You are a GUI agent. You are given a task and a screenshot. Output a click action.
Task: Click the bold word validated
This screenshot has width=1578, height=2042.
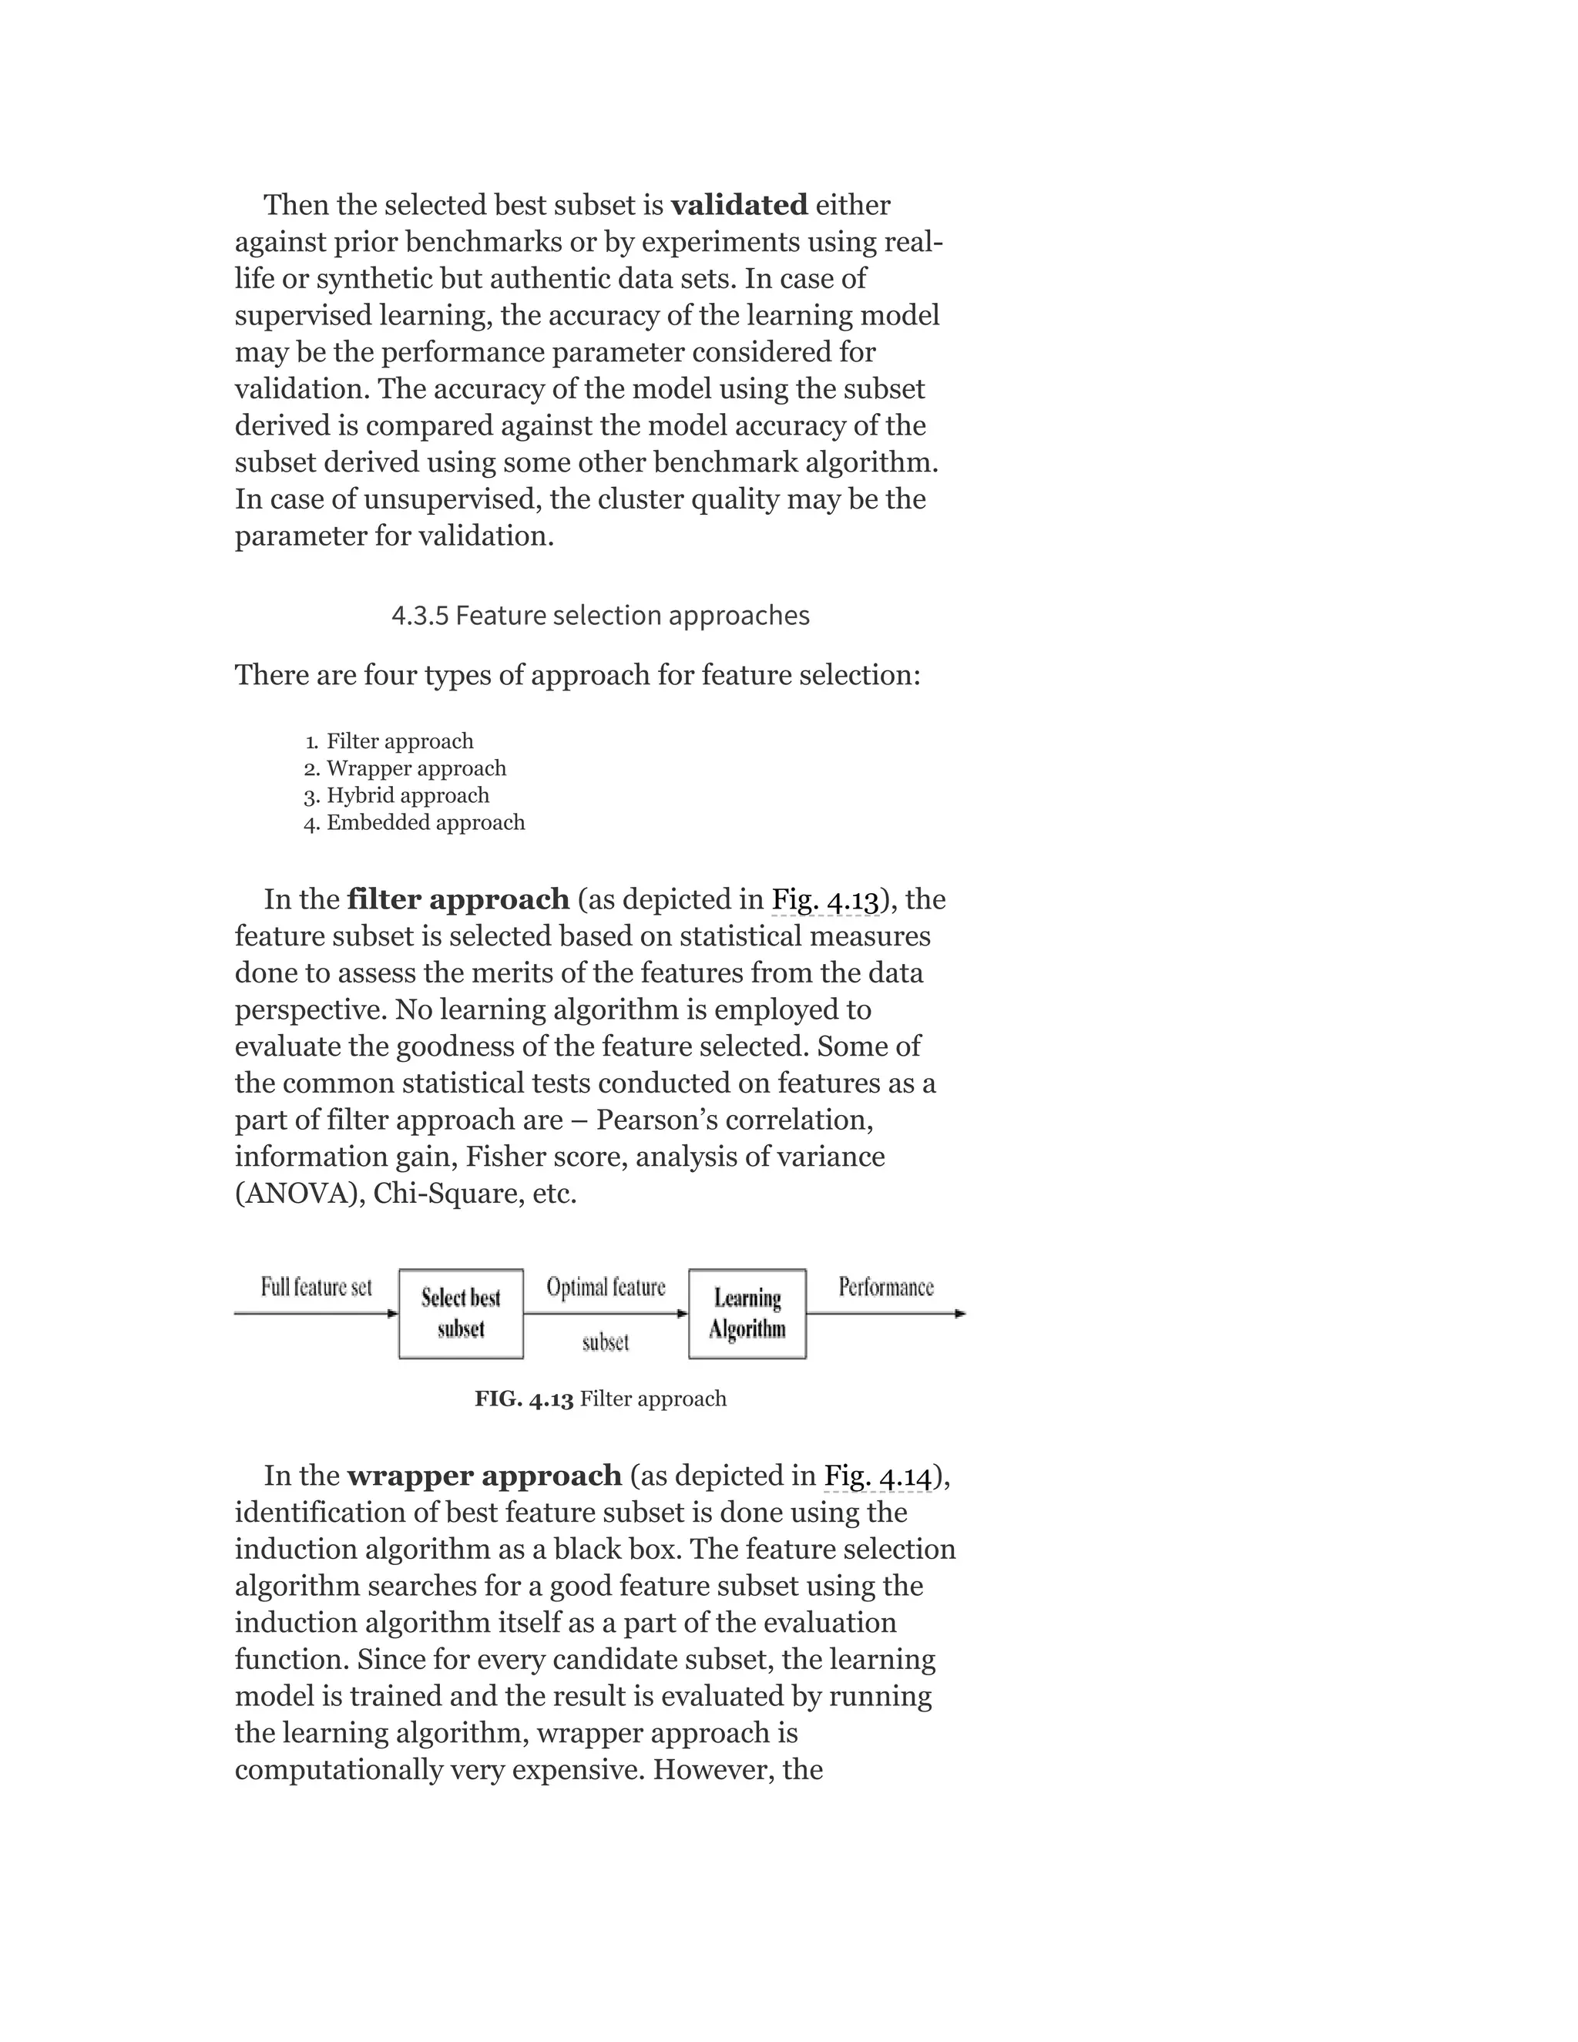point(738,205)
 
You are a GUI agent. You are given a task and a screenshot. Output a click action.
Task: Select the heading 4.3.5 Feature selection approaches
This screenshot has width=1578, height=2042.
point(600,615)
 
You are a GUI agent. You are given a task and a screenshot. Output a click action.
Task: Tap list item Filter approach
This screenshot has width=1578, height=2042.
point(399,741)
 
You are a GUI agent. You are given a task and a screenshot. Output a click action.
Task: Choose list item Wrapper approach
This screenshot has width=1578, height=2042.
point(416,768)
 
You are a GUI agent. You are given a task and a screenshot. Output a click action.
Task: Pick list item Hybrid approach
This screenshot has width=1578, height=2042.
point(408,796)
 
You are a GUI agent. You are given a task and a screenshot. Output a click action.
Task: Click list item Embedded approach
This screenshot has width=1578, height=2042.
point(425,823)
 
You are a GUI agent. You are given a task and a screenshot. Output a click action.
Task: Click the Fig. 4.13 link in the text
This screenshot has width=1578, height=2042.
point(825,899)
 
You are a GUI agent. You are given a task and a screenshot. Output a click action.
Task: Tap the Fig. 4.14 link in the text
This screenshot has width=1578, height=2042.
point(878,1476)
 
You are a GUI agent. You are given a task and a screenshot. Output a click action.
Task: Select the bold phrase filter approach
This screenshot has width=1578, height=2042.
point(458,899)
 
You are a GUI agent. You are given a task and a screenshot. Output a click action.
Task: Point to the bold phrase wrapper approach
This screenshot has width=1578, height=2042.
point(484,1476)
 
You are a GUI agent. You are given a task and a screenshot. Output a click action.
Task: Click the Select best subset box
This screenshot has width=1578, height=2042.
point(461,1313)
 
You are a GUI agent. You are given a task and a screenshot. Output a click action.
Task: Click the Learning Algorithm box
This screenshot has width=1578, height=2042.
point(747,1313)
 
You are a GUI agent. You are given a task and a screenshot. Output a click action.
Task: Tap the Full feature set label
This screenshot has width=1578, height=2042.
point(316,1288)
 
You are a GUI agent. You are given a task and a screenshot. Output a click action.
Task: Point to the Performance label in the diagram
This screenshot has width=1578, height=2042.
point(885,1288)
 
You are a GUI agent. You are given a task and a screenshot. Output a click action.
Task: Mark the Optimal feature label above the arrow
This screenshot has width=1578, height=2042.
point(606,1288)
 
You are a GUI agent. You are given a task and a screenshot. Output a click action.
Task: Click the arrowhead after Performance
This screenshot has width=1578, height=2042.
point(960,1314)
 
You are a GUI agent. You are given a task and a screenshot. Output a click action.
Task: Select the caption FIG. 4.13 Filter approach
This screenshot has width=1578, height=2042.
point(600,1399)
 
